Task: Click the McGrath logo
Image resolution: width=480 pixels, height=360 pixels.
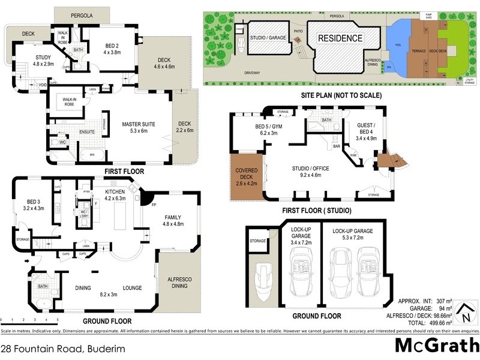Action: tap(436, 346)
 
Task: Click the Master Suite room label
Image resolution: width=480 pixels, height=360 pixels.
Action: tap(139, 128)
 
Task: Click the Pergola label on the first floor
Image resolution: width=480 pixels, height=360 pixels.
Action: tap(82, 15)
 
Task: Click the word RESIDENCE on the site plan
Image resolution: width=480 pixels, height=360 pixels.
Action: tap(340, 38)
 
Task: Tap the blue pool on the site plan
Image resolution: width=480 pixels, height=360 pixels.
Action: tap(398, 46)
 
